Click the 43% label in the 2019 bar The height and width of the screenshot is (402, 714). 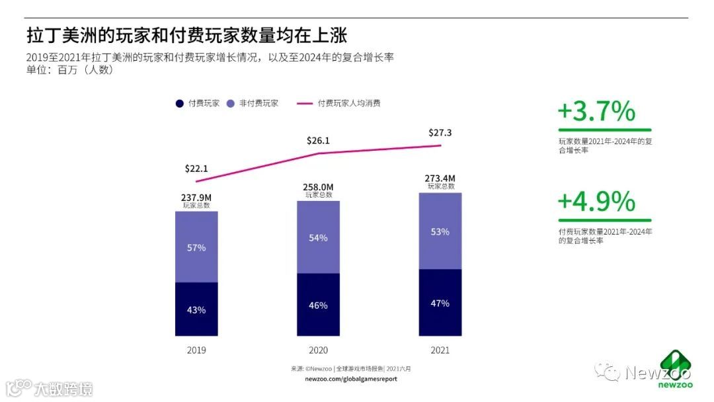(x=196, y=309)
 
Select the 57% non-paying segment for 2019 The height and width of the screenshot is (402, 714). (x=196, y=247)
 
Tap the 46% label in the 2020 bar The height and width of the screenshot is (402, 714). (x=318, y=305)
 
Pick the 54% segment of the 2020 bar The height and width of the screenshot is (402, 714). (x=318, y=238)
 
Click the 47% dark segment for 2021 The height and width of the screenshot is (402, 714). (x=440, y=303)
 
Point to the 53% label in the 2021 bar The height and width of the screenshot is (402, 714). (x=440, y=231)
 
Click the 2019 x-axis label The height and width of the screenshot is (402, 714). (x=196, y=350)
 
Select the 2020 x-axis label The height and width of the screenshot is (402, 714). (x=318, y=350)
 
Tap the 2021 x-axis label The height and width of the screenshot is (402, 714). (x=440, y=350)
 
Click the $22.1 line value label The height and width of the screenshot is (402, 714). (x=196, y=169)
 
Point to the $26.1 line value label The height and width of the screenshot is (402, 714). (x=318, y=141)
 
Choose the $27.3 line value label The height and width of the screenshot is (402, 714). (x=440, y=133)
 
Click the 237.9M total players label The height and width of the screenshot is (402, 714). (x=196, y=197)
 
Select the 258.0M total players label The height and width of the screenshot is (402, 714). (x=318, y=188)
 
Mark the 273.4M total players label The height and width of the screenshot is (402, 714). (x=440, y=179)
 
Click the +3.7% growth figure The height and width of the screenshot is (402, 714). (x=596, y=112)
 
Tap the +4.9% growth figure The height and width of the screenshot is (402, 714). (x=596, y=202)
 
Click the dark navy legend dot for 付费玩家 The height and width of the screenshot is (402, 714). (x=180, y=104)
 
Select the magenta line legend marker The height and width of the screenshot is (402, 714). (x=305, y=104)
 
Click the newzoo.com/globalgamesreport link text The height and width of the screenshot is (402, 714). (x=351, y=379)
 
